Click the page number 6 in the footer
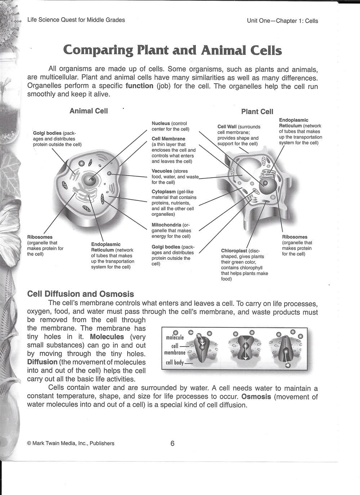click(x=172, y=443)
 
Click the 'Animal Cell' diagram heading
click(x=89, y=111)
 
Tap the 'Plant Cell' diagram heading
click(x=257, y=112)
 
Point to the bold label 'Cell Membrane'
click(x=168, y=139)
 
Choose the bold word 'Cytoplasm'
click(x=164, y=192)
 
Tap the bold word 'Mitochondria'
click(x=166, y=225)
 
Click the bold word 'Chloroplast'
click(x=234, y=251)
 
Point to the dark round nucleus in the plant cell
click(x=267, y=184)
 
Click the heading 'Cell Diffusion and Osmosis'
click(x=81, y=294)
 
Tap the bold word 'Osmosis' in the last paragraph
click(x=256, y=397)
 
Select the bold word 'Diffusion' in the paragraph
click(x=43, y=362)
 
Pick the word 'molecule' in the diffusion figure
click(x=175, y=338)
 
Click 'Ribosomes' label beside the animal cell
click(x=40, y=237)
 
